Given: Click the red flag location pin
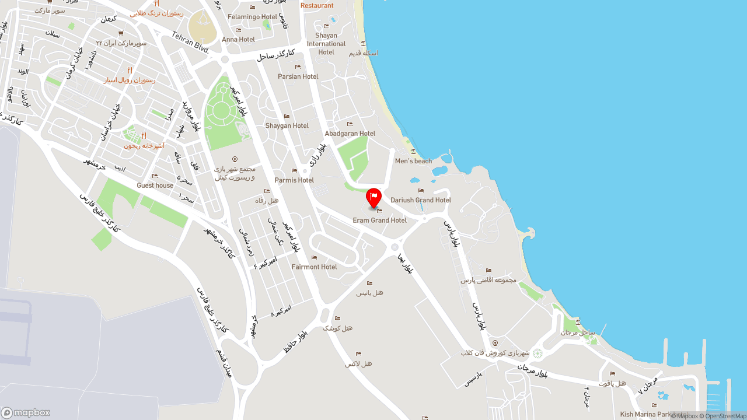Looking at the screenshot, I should pos(373,197).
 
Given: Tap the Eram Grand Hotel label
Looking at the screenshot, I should pos(379,220).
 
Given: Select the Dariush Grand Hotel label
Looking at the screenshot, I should pos(421,200).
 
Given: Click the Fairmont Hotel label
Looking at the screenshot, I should pos(314,267).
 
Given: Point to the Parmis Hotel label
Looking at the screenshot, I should pos(294,180).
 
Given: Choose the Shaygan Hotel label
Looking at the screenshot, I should pos(287,126).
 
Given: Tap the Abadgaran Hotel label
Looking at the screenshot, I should pos(350,134).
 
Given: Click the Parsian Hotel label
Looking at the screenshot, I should pos(298,76).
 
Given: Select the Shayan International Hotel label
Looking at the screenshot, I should pos(326,44).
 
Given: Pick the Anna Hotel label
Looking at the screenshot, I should pos(238,40).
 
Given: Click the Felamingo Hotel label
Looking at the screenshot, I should pos(252,17).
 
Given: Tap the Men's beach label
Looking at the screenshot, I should pos(413,161).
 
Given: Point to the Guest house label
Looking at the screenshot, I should pos(155,185).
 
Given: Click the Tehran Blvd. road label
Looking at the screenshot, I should pos(190,42).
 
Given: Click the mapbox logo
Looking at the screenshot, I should pos(26,412).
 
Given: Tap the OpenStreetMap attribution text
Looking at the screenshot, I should pos(725,416).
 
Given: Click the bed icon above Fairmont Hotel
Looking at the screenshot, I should pos(314,257).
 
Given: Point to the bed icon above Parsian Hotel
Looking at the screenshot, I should pos(298,67).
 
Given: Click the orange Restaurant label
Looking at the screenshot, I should pos(317,6).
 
